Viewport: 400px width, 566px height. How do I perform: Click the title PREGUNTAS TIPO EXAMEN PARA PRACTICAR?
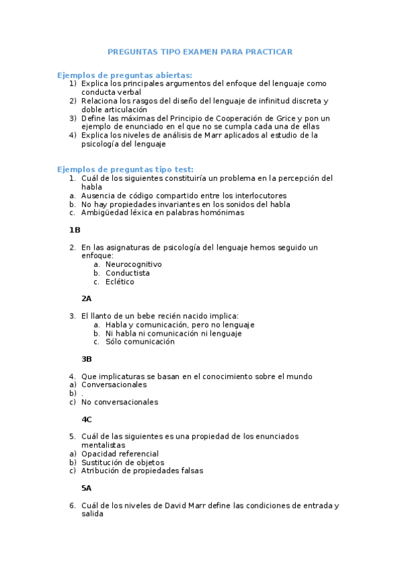pyautogui.click(x=200, y=51)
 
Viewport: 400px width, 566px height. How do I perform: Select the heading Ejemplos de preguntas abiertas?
pyautogui.click(x=125, y=75)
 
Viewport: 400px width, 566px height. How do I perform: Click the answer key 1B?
pyautogui.click(x=75, y=230)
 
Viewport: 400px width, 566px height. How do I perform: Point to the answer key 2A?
pyautogui.click(x=87, y=298)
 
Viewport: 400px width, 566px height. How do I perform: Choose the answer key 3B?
pyautogui.click(x=87, y=359)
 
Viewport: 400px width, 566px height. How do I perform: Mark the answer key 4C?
pyautogui.click(x=87, y=419)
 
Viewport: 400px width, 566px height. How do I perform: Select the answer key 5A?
pyautogui.click(x=87, y=488)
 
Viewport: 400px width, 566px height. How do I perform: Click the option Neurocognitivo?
pyautogui.click(x=134, y=264)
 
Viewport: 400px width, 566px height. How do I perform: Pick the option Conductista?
pyautogui.click(x=128, y=273)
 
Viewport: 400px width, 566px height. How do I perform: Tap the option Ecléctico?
pyautogui.click(x=120, y=282)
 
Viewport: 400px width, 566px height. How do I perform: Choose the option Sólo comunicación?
pyautogui.click(x=140, y=342)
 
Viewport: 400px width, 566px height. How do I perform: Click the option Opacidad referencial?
pyautogui.click(x=120, y=454)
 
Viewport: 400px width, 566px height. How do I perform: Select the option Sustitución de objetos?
pyautogui.click(x=122, y=463)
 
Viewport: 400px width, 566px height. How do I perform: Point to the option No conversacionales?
pyautogui.click(x=120, y=402)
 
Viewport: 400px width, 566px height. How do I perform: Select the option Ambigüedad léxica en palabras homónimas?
pyautogui.click(x=162, y=213)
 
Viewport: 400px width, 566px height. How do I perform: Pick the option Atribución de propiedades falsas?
pyautogui.click(x=142, y=471)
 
